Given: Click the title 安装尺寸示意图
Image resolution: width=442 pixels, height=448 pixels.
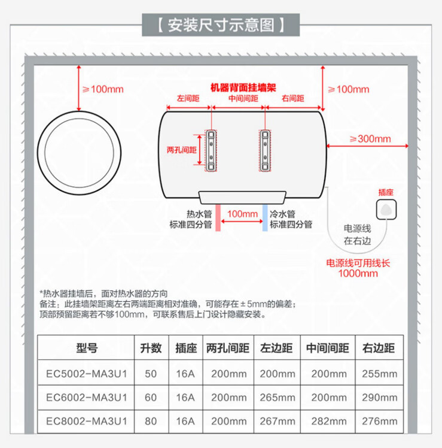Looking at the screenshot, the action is click(x=221, y=26).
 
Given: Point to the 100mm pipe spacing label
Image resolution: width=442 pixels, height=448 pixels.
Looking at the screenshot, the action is click(x=242, y=214).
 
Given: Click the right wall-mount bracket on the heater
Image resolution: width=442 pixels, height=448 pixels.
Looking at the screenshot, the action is click(x=264, y=149).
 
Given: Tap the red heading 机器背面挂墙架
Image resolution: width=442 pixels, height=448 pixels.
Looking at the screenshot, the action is click(x=243, y=87).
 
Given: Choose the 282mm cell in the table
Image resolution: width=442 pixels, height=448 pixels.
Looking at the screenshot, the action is click(x=327, y=421).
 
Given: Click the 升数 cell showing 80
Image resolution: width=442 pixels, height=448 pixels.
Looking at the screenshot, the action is click(x=151, y=421).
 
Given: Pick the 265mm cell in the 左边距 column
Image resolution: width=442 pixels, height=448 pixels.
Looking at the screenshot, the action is click(x=278, y=396).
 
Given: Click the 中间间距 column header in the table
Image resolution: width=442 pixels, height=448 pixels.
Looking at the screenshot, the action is click(x=327, y=347).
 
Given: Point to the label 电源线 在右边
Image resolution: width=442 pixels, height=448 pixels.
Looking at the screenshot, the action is click(x=357, y=234).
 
